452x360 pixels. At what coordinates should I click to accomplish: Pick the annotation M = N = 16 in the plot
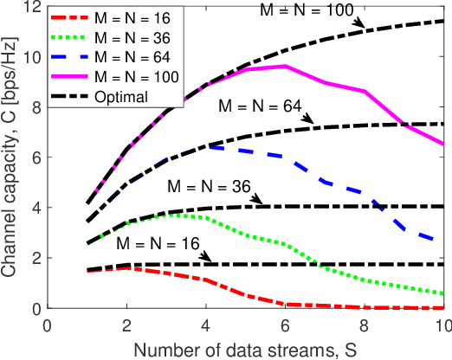click(157, 245)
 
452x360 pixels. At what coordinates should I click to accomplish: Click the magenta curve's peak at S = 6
click(285, 66)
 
